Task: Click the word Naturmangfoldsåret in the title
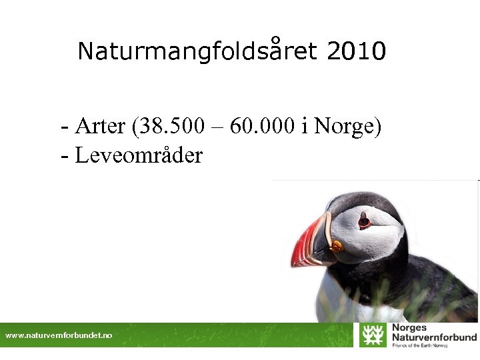197,51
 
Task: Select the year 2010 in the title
357,51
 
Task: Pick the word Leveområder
139,155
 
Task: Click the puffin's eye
364,221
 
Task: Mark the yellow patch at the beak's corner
337,246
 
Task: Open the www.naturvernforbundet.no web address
59,335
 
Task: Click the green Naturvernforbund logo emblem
373,335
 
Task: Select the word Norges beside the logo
409,328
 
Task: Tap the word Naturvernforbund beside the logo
434,337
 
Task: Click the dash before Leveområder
64,156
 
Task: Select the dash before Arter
64,126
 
